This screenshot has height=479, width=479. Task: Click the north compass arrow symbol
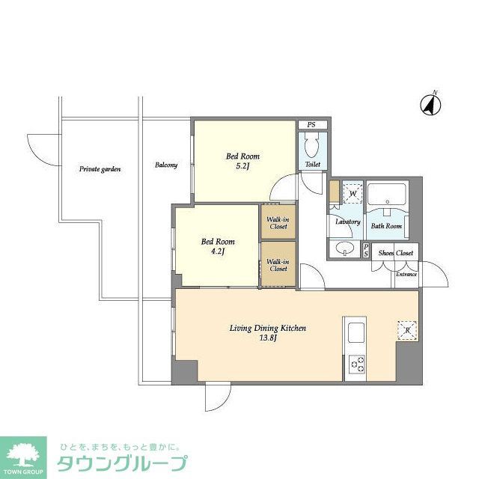pyautogui.click(x=430, y=104)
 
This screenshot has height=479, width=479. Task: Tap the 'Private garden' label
pyautogui.click(x=100, y=169)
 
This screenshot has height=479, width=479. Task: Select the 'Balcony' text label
pyautogui.click(x=166, y=165)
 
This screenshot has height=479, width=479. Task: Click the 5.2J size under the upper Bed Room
pyautogui.click(x=243, y=166)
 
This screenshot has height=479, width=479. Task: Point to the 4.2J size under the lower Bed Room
pyautogui.click(x=218, y=251)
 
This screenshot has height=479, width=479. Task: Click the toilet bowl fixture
pyautogui.click(x=313, y=143)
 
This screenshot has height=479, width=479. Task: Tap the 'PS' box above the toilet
pyautogui.click(x=311, y=125)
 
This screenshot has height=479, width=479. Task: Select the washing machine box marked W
pyautogui.click(x=353, y=195)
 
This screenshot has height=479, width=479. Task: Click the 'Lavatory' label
pyautogui.click(x=348, y=222)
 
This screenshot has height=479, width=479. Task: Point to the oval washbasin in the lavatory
pyautogui.click(x=345, y=248)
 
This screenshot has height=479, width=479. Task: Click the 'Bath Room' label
pyautogui.click(x=387, y=225)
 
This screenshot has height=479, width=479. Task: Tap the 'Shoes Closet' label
pyautogui.click(x=396, y=253)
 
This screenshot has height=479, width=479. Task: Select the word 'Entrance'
pyautogui.click(x=406, y=275)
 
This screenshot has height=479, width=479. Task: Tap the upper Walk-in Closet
pyautogui.click(x=278, y=222)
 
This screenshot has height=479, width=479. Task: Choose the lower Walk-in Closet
pyautogui.click(x=278, y=264)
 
